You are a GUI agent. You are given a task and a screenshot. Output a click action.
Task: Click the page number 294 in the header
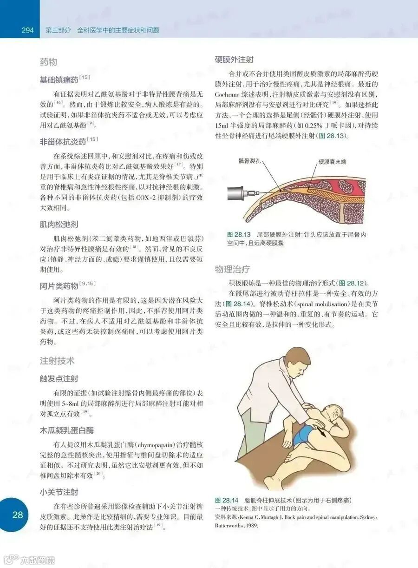click(27, 30)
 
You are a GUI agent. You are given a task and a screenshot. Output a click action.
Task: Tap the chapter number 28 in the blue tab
click(18, 515)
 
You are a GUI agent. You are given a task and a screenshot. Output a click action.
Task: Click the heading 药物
click(48, 62)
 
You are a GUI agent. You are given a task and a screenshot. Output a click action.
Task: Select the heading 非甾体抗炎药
click(63, 142)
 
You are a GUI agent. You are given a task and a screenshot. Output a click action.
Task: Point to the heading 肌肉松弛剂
click(59, 225)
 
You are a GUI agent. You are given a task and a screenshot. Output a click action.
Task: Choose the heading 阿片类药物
click(59, 286)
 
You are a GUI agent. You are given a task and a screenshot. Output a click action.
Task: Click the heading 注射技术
click(57, 361)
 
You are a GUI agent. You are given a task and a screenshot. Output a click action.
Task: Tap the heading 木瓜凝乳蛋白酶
click(66, 430)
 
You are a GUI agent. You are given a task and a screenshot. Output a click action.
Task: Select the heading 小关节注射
click(59, 492)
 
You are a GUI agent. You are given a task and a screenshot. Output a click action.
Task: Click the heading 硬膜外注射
click(234, 59)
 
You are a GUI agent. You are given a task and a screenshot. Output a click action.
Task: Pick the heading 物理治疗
click(232, 269)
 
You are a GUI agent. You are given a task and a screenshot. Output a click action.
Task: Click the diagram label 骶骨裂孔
click(249, 161)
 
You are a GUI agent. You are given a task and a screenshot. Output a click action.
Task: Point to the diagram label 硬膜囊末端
click(332, 162)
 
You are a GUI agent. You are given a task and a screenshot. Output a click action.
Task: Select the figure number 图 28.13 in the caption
click(239, 234)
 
